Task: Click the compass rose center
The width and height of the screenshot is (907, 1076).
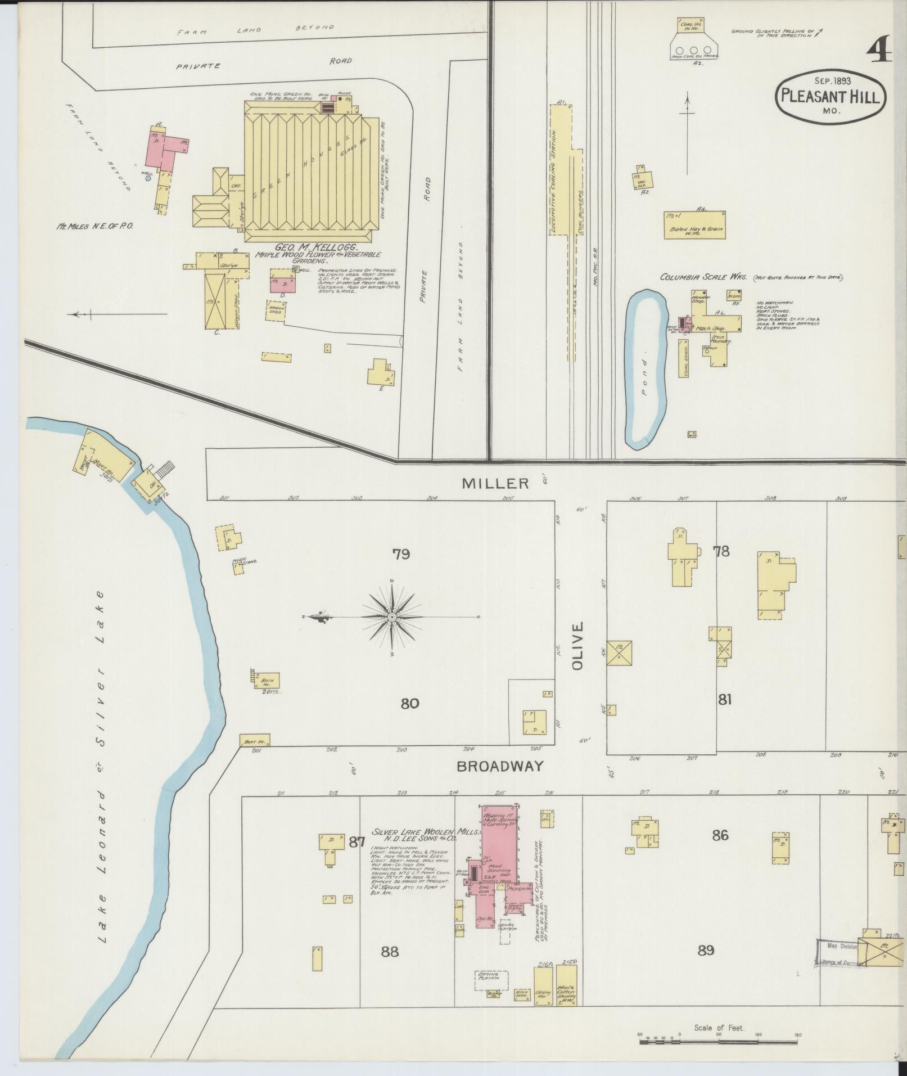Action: [392, 617]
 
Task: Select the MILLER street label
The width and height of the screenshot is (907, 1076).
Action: [495, 483]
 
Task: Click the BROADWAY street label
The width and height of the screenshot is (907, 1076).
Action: [499, 766]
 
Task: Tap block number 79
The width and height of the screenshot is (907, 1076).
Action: [401, 554]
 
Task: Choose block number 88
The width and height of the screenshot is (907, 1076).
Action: [389, 951]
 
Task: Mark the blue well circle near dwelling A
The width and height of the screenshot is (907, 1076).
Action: [147, 178]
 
